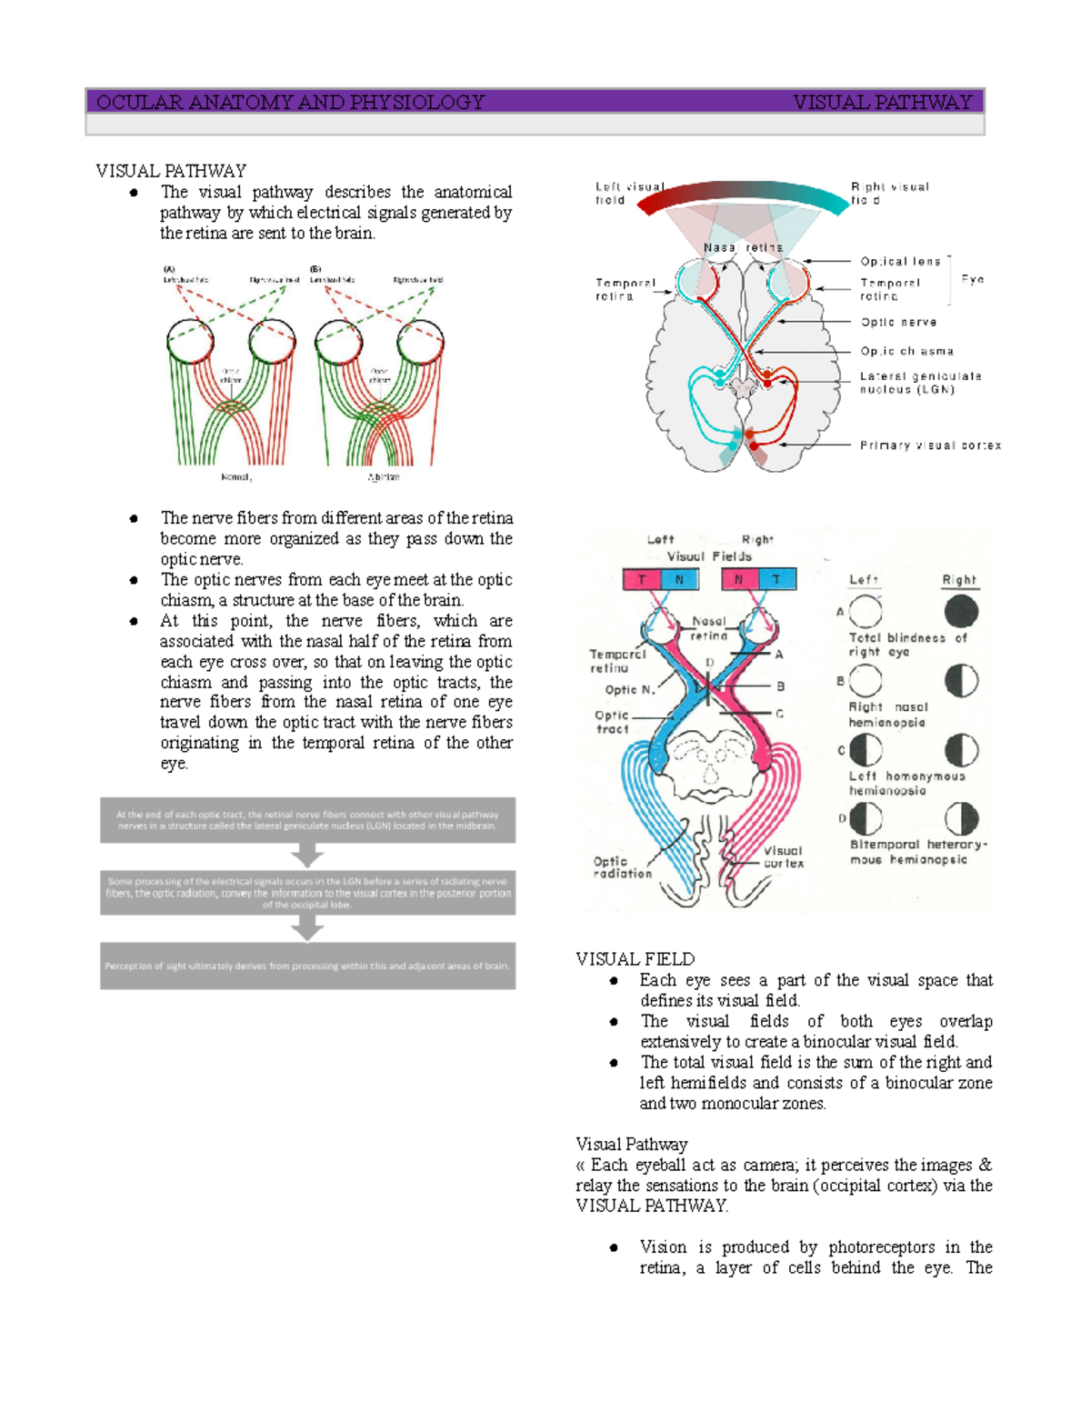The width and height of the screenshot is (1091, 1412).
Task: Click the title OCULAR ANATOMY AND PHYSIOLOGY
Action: point(290,102)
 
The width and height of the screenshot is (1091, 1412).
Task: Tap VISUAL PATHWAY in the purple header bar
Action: point(882,102)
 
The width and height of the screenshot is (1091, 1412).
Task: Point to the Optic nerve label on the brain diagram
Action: point(898,322)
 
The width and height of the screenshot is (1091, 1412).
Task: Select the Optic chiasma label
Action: point(906,351)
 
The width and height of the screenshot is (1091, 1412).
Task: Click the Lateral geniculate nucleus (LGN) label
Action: point(920,383)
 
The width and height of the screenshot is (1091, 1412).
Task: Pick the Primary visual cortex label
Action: point(930,446)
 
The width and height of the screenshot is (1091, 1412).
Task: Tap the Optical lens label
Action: point(900,261)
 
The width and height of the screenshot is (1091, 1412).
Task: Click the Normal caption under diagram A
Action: point(236,476)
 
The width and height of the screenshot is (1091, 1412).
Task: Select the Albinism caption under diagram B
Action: point(384,476)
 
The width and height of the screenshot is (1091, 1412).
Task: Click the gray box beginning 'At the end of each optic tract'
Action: point(307,820)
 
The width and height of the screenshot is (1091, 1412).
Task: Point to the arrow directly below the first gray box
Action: point(307,856)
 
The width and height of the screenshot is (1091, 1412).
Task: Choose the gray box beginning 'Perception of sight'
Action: point(307,966)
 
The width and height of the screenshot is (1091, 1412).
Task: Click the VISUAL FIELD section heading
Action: point(635,959)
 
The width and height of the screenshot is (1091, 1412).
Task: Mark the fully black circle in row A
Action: point(961,612)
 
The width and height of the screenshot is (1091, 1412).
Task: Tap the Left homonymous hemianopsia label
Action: point(906,783)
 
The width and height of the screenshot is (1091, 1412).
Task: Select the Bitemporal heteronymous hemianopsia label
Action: point(917,852)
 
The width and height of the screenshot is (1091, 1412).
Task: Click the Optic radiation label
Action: point(622,867)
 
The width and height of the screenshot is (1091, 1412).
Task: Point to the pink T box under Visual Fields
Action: point(642,579)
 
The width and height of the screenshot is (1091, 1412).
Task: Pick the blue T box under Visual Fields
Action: point(776,579)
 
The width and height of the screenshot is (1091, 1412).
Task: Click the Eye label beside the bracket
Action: point(973,280)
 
